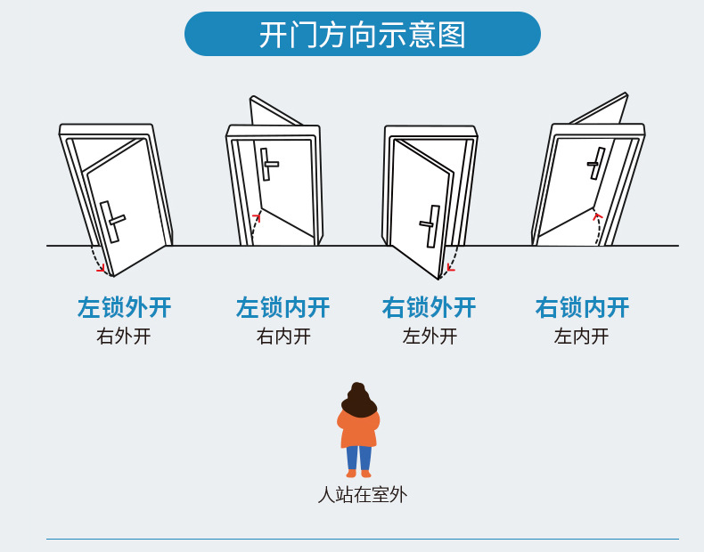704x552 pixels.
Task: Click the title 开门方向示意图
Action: pyautogui.click(x=363, y=35)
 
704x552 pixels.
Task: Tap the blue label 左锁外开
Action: pyautogui.click(x=125, y=308)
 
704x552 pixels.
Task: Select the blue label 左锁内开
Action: pyautogui.click(x=282, y=308)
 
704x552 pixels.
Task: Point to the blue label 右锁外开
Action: pyautogui.click(x=430, y=308)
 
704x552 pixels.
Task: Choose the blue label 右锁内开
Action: pyautogui.click(x=582, y=308)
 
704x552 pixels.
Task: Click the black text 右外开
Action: pyautogui.click(x=124, y=337)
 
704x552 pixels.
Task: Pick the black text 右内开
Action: pyautogui.click(x=283, y=337)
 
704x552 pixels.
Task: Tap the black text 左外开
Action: pyautogui.click(x=430, y=337)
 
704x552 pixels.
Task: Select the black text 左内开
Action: pyautogui.click(x=581, y=337)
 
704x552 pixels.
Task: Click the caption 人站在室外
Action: pyautogui.click(x=363, y=495)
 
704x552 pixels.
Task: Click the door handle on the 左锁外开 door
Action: pyautogui.click(x=111, y=222)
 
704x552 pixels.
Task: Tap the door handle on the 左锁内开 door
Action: pyautogui.click(x=268, y=164)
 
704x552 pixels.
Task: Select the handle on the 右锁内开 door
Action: pyautogui.click(x=596, y=163)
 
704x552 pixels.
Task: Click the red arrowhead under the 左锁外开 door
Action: pyautogui.click(x=102, y=268)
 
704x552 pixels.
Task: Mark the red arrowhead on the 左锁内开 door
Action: pyautogui.click(x=257, y=217)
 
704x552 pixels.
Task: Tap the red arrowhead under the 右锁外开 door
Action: pyautogui.click(x=451, y=269)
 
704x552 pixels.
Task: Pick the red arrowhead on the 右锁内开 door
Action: pyautogui.click(x=598, y=217)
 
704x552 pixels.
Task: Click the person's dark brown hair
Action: pyautogui.click(x=359, y=400)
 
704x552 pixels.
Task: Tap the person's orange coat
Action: pyautogui.click(x=358, y=431)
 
